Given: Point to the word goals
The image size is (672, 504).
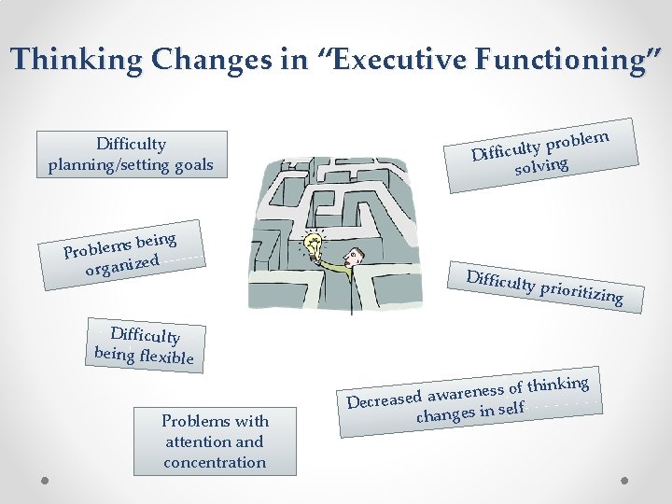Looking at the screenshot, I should [x=190, y=166].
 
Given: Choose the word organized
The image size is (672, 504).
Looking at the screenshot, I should [x=122, y=263].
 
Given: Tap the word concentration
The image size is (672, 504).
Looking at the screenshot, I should [x=215, y=462].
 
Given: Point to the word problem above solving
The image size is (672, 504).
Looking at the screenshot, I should [x=578, y=140].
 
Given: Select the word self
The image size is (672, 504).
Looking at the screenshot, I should [x=511, y=408].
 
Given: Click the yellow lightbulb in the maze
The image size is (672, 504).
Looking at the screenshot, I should [x=315, y=246].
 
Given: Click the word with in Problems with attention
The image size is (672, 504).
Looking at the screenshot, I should [x=251, y=421].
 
